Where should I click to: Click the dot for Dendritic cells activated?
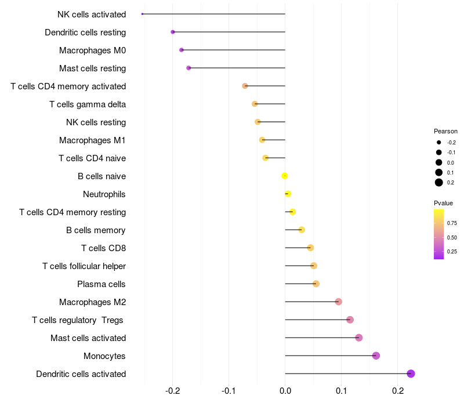point(411,374)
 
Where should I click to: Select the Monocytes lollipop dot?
point(376,356)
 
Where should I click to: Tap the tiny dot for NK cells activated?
point(142,14)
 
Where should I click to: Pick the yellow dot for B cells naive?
point(285,176)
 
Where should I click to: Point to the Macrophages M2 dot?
point(339,302)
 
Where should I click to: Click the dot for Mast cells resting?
point(188,68)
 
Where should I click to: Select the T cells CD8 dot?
point(310,248)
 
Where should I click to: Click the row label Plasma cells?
point(101,284)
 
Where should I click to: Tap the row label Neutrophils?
point(104,194)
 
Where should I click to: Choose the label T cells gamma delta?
point(88,104)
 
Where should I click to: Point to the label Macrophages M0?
point(93,50)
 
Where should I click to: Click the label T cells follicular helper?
point(84,266)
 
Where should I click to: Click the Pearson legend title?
point(445,131)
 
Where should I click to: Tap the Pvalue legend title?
point(443,203)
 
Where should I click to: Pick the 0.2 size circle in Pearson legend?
point(439,183)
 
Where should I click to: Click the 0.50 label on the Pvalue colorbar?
point(452,237)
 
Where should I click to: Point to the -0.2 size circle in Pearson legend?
point(439,142)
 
